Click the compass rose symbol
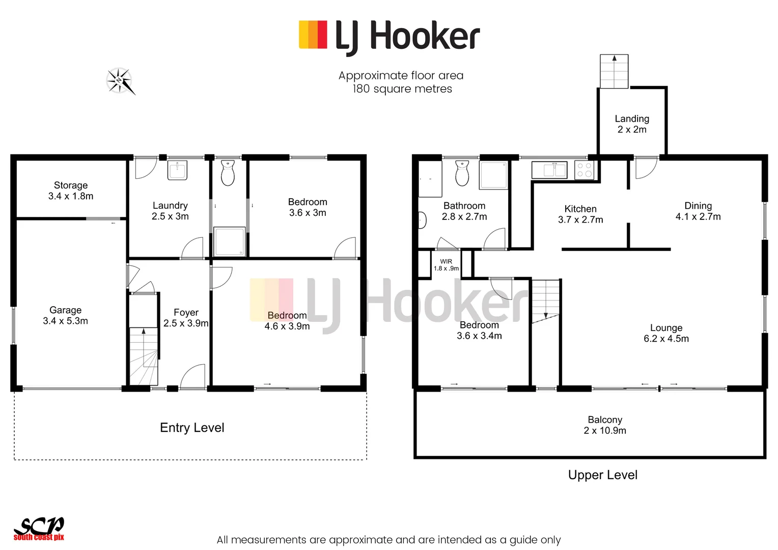coord(121,81)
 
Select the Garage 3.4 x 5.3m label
coord(65,315)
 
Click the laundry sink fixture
coord(177,170)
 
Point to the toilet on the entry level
coord(228,173)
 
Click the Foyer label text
coord(186,312)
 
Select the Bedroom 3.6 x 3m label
coord(308,207)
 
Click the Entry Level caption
coord(192,428)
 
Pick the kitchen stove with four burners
coord(584,170)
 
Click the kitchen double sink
coord(549,170)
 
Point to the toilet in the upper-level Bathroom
coord(462,174)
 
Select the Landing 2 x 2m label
coord(632,124)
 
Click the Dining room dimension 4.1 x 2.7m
coord(698,217)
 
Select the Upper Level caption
coord(603,475)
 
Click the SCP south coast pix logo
coord(39,529)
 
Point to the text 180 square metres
coord(402,89)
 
